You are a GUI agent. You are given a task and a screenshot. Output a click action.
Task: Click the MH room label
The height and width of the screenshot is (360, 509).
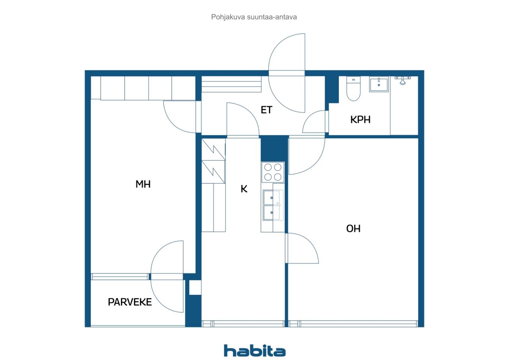pyautogui.click(x=143, y=184)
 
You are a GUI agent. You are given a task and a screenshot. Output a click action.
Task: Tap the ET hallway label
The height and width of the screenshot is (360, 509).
pyautogui.click(x=266, y=110)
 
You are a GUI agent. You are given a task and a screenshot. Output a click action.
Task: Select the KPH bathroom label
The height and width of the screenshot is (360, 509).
pyautogui.click(x=360, y=120)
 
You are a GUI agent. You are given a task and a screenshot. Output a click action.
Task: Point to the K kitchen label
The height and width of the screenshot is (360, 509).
pyautogui.click(x=244, y=189)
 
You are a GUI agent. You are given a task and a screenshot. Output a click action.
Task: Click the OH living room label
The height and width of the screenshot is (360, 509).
pyautogui.click(x=353, y=228)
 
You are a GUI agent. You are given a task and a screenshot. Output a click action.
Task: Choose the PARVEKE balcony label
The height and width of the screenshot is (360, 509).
pyautogui.click(x=130, y=302)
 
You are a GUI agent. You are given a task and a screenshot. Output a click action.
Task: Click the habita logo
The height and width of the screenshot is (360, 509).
pyautogui.click(x=255, y=351)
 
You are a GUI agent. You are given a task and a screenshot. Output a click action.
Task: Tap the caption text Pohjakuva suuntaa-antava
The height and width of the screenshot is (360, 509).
pyautogui.click(x=254, y=17)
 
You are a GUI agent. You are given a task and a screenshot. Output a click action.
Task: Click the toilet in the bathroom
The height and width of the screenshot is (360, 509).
pyautogui.click(x=354, y=89)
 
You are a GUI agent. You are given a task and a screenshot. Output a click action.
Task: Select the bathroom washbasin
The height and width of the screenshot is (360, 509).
pyautogui.click(x=379, y=84)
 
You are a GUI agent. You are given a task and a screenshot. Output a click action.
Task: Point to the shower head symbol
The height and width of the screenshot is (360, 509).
pyautogui.click(x=402, y=80)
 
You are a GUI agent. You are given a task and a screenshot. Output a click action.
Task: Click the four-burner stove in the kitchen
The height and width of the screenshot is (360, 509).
pyautogui.click(x=273, y=172)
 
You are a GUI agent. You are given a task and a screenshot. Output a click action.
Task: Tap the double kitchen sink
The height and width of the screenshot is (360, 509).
pyautogui.click(x=273, y=205)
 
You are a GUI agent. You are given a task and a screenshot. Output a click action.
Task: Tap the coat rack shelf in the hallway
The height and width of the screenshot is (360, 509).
pyautogui.click(x=231, y=84)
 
